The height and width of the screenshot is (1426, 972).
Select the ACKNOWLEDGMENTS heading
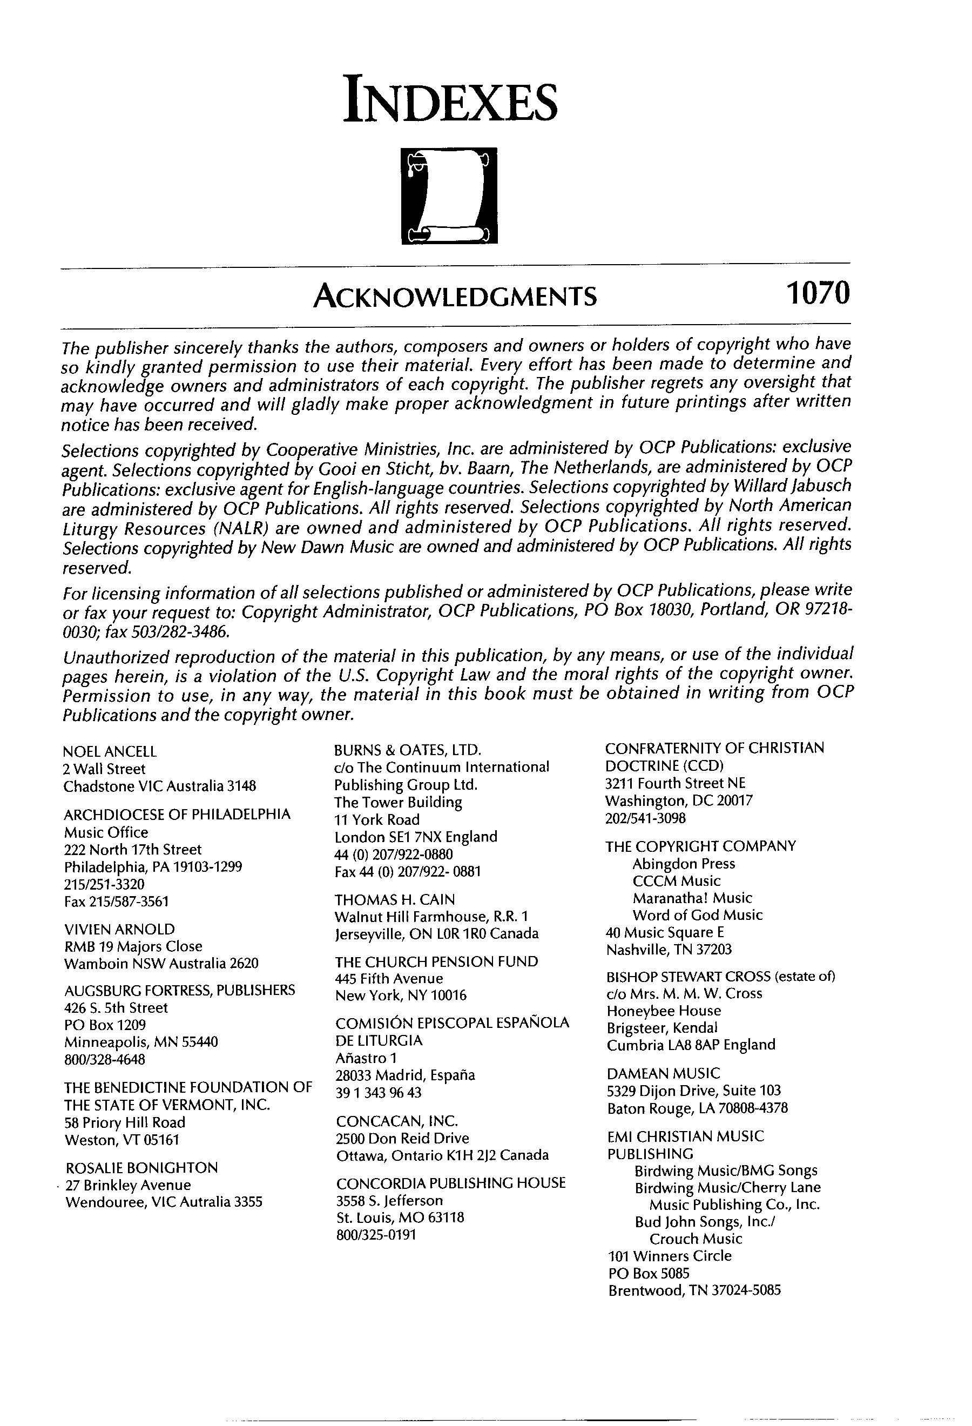pyautogui.click(x=455, y=297)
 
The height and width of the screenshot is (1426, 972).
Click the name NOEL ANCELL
pyautogui.click(x=110, y=752)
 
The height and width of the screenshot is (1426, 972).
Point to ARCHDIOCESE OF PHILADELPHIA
pyautogui.click(x=177, y=815)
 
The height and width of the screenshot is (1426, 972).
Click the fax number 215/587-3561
pyautogui.click(x=116, y=902)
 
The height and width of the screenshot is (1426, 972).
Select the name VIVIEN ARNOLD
pyautogui.click(x=119, y=929)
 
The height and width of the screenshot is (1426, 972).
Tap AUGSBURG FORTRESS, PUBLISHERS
pyautogui.click(x=180, y=990)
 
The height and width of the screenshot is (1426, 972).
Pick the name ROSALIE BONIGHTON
pyautogui.click(x=141, y=1167)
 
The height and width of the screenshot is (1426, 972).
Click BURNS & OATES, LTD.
pyautogui.click(x=408, y=750)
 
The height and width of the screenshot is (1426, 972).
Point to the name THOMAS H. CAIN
pyautogui.click(x=394, y=899)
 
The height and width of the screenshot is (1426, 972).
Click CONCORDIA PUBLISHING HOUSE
pyautogui.click(x=451, y=1182)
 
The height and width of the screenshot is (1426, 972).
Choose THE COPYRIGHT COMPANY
pyautogui.click(x=700, y=846)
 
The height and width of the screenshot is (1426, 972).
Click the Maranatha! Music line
pyautogui.click(x=692, y=898)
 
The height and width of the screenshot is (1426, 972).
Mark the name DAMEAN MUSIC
pyautogui.click(x=664, y=1073)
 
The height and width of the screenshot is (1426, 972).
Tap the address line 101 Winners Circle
pyautogui.click(x=670, y=1255)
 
